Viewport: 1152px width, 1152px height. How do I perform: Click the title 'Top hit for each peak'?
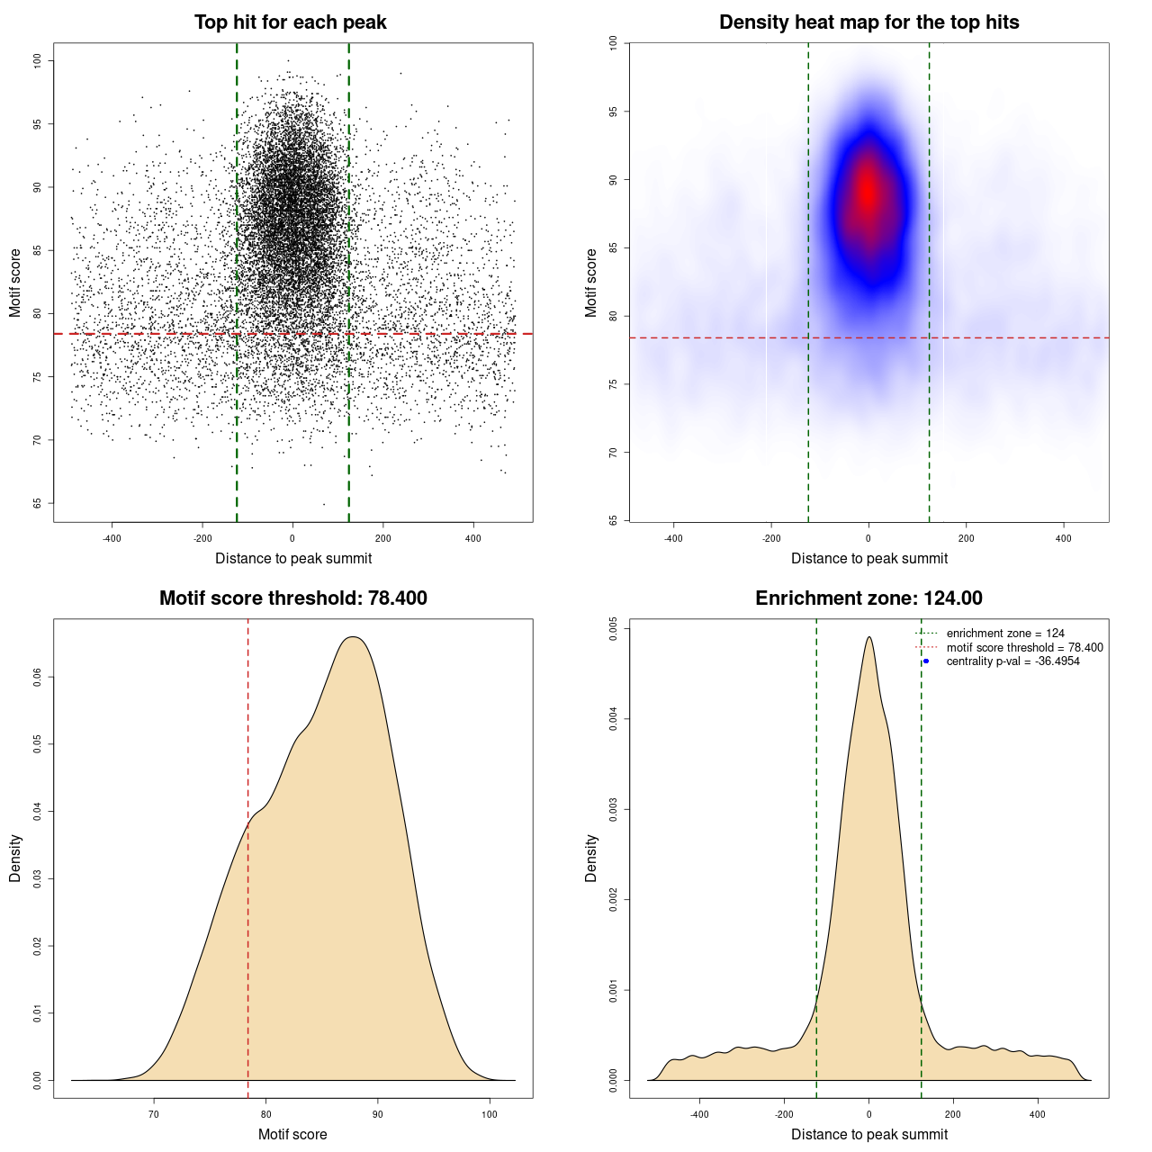pyautogui.click(x=290, y=22)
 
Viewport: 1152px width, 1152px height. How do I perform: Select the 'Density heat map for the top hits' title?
pyautogui.click(x=868, y=22)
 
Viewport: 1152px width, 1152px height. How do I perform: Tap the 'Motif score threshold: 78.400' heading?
pyautogui.click(x=292, y=598)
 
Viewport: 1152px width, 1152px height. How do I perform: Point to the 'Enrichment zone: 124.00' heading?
pyautogui.click(x=868, y=598)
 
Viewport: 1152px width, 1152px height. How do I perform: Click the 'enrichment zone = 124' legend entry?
pyautogui.click(x=1005, y=634)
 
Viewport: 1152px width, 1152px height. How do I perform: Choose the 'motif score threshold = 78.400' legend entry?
pyautogui.click(x=1024, y=647)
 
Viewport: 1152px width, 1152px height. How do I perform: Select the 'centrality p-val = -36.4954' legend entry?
pyautogui.click(x=1012, y=661)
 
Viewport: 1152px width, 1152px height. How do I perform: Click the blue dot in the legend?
pyautogui.click(x=926, y=661)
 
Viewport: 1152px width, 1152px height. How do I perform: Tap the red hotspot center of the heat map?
pyautogui.click(x=868, y=192)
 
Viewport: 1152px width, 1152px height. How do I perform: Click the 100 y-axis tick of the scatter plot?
pyautogui.click(x=37, y=60)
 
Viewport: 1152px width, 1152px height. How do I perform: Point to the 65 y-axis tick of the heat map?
pyautogui.click(x=613, y=520)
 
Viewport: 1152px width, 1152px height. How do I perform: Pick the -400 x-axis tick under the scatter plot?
pyautogui.click(x=112, y=539)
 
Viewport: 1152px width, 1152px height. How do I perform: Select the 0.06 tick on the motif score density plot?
pyautogui.click(x=37, y=677)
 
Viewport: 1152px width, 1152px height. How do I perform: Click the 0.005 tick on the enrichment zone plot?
pyautogui.click(x=613, y=627)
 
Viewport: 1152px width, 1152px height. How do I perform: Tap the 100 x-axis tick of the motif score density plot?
pyautogui.click(x=490, y=1114)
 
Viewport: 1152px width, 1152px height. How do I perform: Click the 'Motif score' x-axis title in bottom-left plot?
pyautogui.click(x=292, y=1134)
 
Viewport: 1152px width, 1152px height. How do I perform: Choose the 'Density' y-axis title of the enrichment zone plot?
pyautogui.click(x=591, y=858)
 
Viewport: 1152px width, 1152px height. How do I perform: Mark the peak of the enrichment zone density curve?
pyautogui.click(x=868, y=637)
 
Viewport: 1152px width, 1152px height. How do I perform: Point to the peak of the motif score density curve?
pyautogui.click(x=353, y=637)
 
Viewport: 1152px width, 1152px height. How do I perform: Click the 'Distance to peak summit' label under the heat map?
pyautogui.click(x=868, y=558)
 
